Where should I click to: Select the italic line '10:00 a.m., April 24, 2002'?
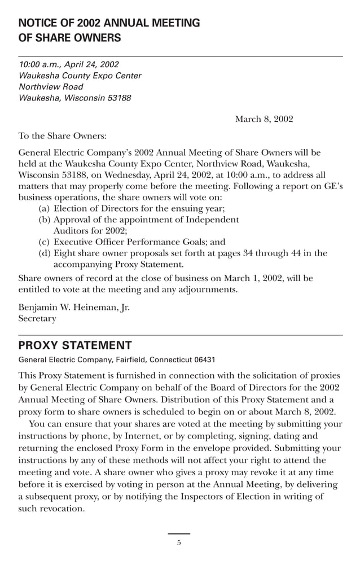69,64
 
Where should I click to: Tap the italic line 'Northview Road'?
51,87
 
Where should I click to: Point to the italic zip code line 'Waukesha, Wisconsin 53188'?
75,98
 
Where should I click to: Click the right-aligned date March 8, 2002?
264,119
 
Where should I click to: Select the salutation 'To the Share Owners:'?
62,136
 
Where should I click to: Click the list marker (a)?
44,208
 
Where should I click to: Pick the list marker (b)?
45,220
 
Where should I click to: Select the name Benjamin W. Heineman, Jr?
74,308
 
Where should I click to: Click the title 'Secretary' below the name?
37,319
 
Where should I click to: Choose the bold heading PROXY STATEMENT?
75,345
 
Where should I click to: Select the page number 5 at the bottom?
179,544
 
